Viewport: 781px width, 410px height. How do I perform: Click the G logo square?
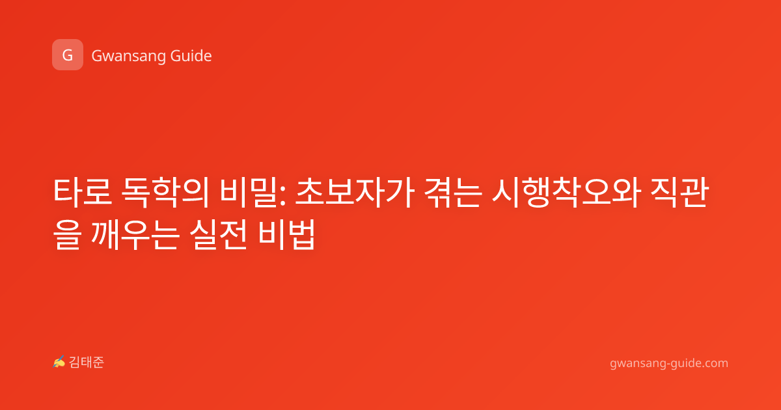[68, 55]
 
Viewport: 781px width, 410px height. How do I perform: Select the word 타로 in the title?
[83, 192]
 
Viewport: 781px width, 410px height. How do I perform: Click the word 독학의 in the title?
[165, 192]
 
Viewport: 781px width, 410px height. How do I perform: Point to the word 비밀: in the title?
[253, 192]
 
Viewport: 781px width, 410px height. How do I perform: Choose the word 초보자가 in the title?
[355, 192]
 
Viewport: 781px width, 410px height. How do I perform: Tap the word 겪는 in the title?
[453, 192]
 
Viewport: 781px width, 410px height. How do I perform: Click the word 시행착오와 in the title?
[567, 192]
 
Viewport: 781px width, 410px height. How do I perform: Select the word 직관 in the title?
[679, 192]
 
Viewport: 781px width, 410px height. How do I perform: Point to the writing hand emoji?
[59, 362]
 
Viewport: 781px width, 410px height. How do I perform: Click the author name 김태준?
[87, 362]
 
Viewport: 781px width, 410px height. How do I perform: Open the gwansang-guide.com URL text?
[669, 364]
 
